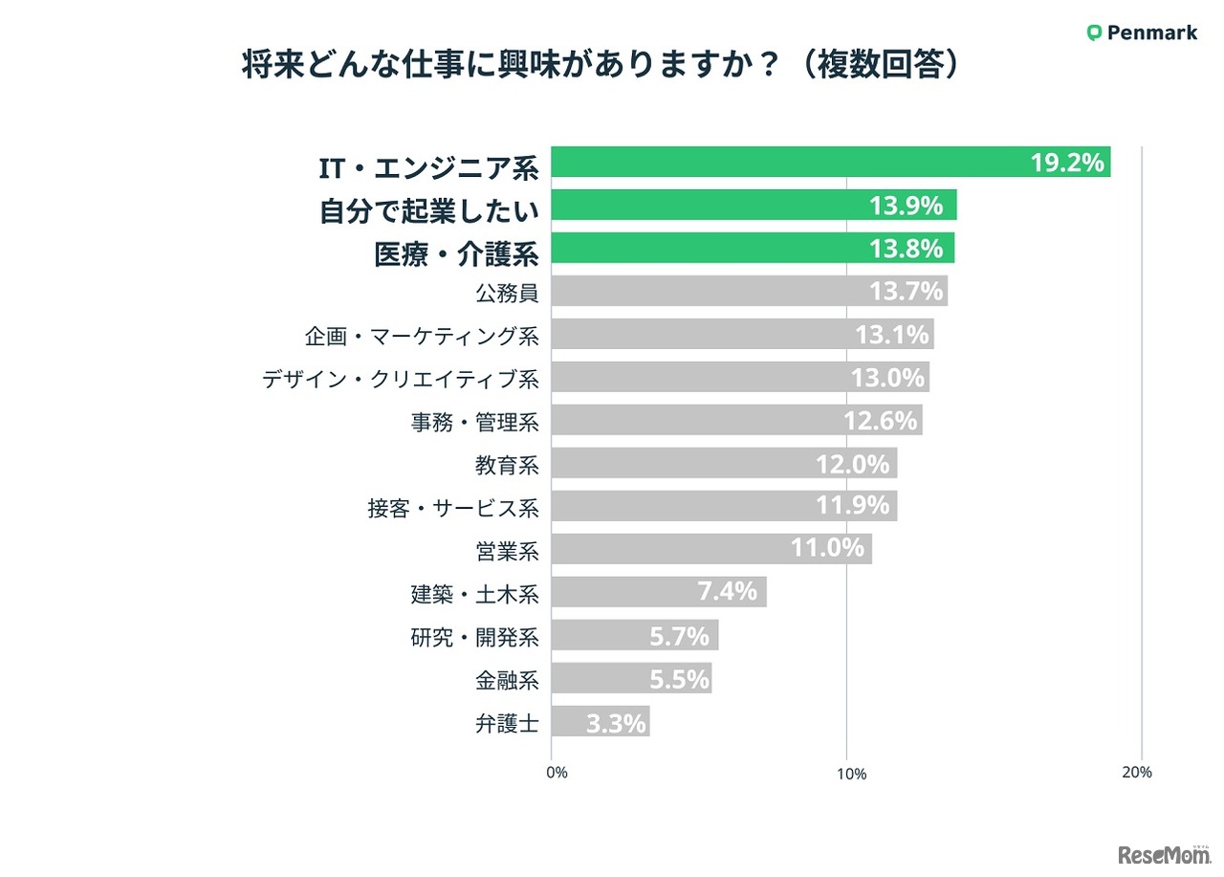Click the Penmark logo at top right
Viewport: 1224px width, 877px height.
(1142, 33)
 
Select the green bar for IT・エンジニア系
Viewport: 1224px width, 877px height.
(784, 163)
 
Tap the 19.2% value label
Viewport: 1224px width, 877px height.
(1067, 163)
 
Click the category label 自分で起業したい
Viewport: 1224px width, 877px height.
(428, 208)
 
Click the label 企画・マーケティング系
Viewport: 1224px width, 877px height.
(422, 336)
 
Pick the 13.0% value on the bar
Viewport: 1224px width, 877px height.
(887, 378)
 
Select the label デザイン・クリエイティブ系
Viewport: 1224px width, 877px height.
(401, 379)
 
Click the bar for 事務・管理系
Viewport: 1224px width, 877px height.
(688, 420)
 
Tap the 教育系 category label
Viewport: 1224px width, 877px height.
(507, 465)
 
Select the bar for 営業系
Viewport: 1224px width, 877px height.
(669, 549)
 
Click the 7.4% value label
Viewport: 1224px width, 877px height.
(727, 592)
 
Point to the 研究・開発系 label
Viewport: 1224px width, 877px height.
(474, 636)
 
